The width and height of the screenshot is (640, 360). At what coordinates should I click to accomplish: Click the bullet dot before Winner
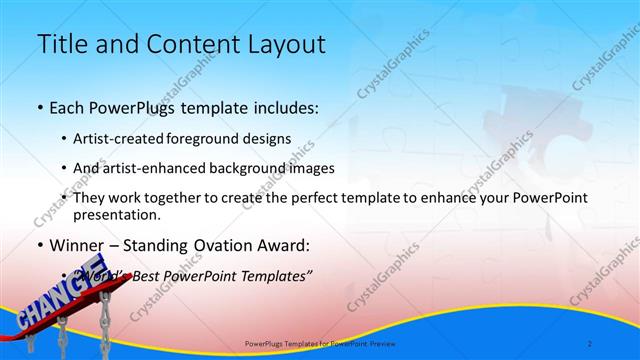(39, 246)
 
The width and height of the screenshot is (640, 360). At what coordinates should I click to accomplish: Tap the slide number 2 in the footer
(590, 344)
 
